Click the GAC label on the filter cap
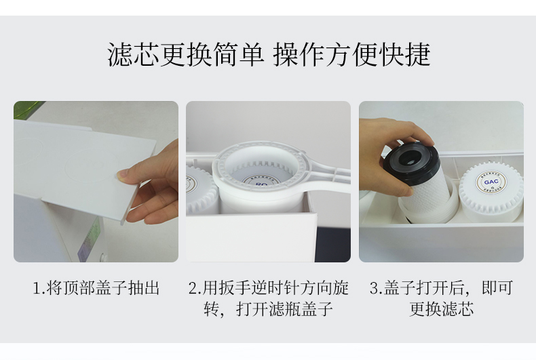click(491, 182)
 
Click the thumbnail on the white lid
click(121, 175)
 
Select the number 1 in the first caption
click(37, 288)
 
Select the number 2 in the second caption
click(193, 288)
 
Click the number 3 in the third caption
click(374, 288)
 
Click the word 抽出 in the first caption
click(144, 288)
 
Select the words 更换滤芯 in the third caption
click(441, 309)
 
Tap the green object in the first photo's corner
click(26, 108)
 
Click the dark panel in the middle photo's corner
click(332, 243)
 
